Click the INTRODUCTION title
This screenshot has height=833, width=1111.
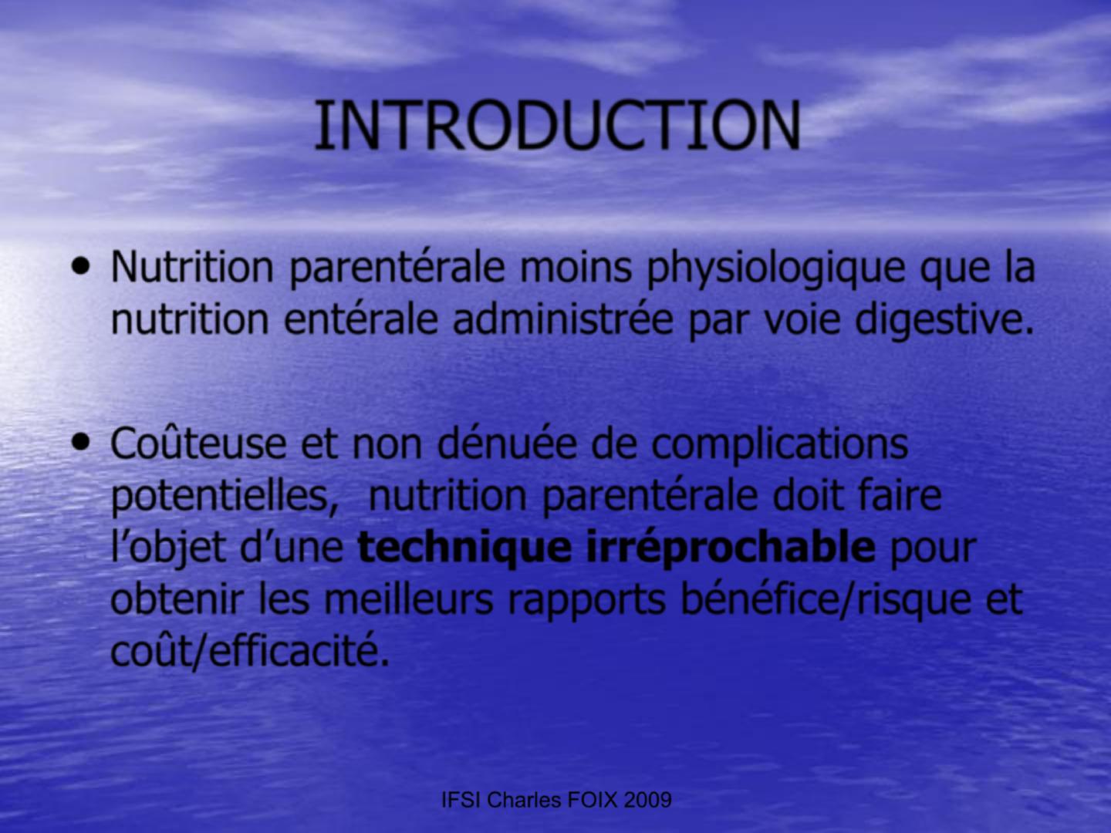(557, 126)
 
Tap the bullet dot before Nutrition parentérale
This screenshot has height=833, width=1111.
(80, 265)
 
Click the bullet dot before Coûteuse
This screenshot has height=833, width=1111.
(80, 442)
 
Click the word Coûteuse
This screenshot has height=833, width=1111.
(198, 442)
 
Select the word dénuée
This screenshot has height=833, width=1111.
(507, 442)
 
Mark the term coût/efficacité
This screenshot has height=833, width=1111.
(250, 653)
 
